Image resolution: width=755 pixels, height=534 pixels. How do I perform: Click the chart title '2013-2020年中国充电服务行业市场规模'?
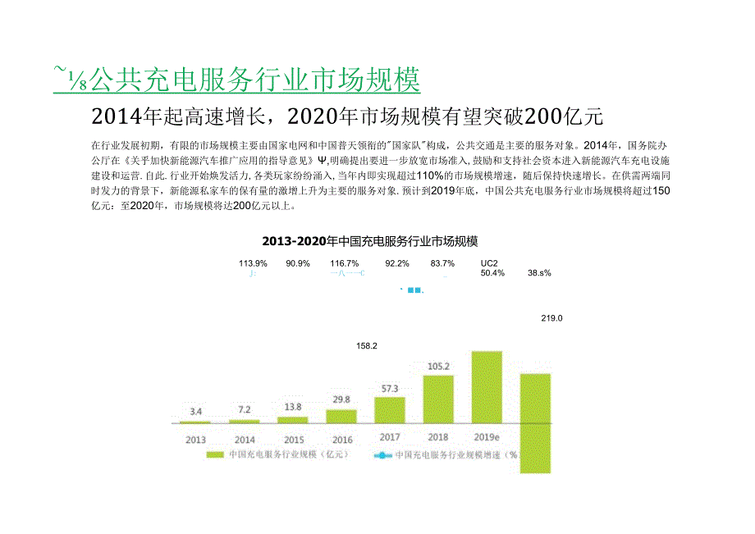[x=369, y=241]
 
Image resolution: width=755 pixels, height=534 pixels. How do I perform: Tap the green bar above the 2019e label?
[x=486, y=386]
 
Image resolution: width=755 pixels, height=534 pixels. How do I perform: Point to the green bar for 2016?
[x=341, y=416]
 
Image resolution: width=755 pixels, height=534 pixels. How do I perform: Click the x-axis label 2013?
[x=195, y=439]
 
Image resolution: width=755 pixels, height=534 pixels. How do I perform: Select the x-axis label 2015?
[x=293, y=439]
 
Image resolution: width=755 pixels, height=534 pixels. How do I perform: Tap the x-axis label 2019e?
[x=487, y=436]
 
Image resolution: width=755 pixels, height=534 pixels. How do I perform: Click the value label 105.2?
[x=437, y=366]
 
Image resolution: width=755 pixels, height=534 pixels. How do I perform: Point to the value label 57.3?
[x=390, y=388]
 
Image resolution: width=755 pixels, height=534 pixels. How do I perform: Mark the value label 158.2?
[x=366, y=346]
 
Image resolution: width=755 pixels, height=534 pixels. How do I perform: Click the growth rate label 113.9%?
[x=253, y=263]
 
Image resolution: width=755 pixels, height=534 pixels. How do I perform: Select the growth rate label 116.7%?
[x=344, y=263]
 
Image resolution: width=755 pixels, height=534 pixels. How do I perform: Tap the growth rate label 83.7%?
[x=442, y=263]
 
